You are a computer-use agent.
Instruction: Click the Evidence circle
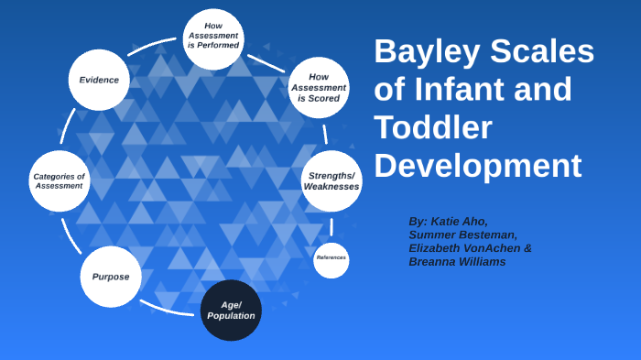click(x=98, y=80)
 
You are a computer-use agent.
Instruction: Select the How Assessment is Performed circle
click(x=213, y=38)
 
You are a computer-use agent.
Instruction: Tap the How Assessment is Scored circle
click(x=318, y=88)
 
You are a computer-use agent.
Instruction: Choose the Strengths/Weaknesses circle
click(x=331, y=180)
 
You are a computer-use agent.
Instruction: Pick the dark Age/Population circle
click(x=231, y=310)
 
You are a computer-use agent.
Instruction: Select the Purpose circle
click(x=110, y=277)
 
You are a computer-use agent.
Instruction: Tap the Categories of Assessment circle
click(x=59, y=180)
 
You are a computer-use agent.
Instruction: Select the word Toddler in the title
click(x=433, y=128)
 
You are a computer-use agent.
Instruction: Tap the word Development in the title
click(x=477, y=167)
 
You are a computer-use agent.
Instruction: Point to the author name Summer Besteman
click(x=462, y=235)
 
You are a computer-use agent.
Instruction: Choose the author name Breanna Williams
click(x=459, y=262)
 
